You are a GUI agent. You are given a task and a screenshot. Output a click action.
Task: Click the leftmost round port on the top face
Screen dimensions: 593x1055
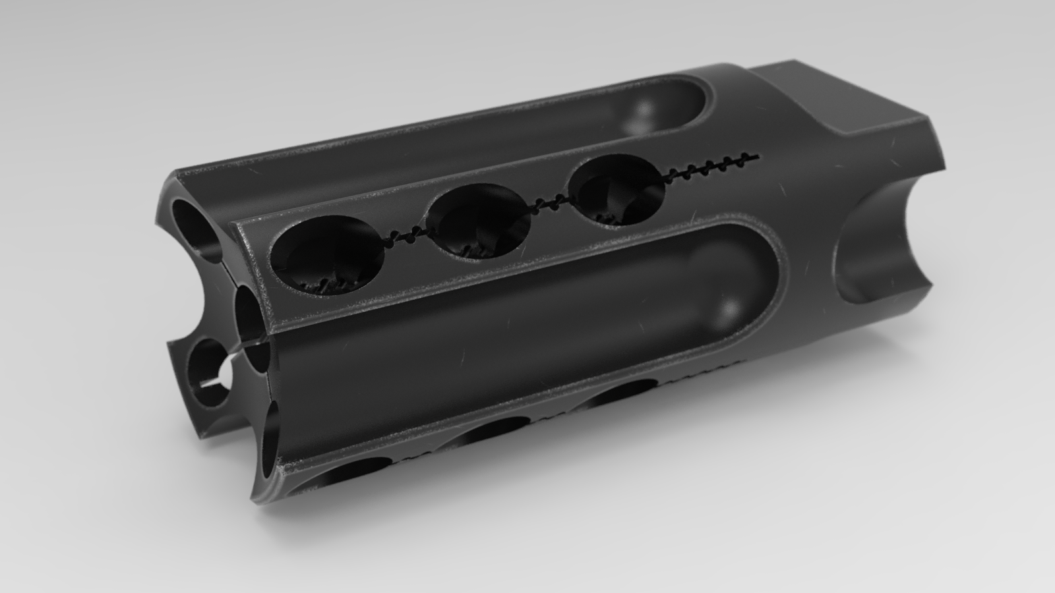(328, 254)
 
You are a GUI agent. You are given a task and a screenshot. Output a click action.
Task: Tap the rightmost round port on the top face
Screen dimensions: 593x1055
(618, 191)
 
